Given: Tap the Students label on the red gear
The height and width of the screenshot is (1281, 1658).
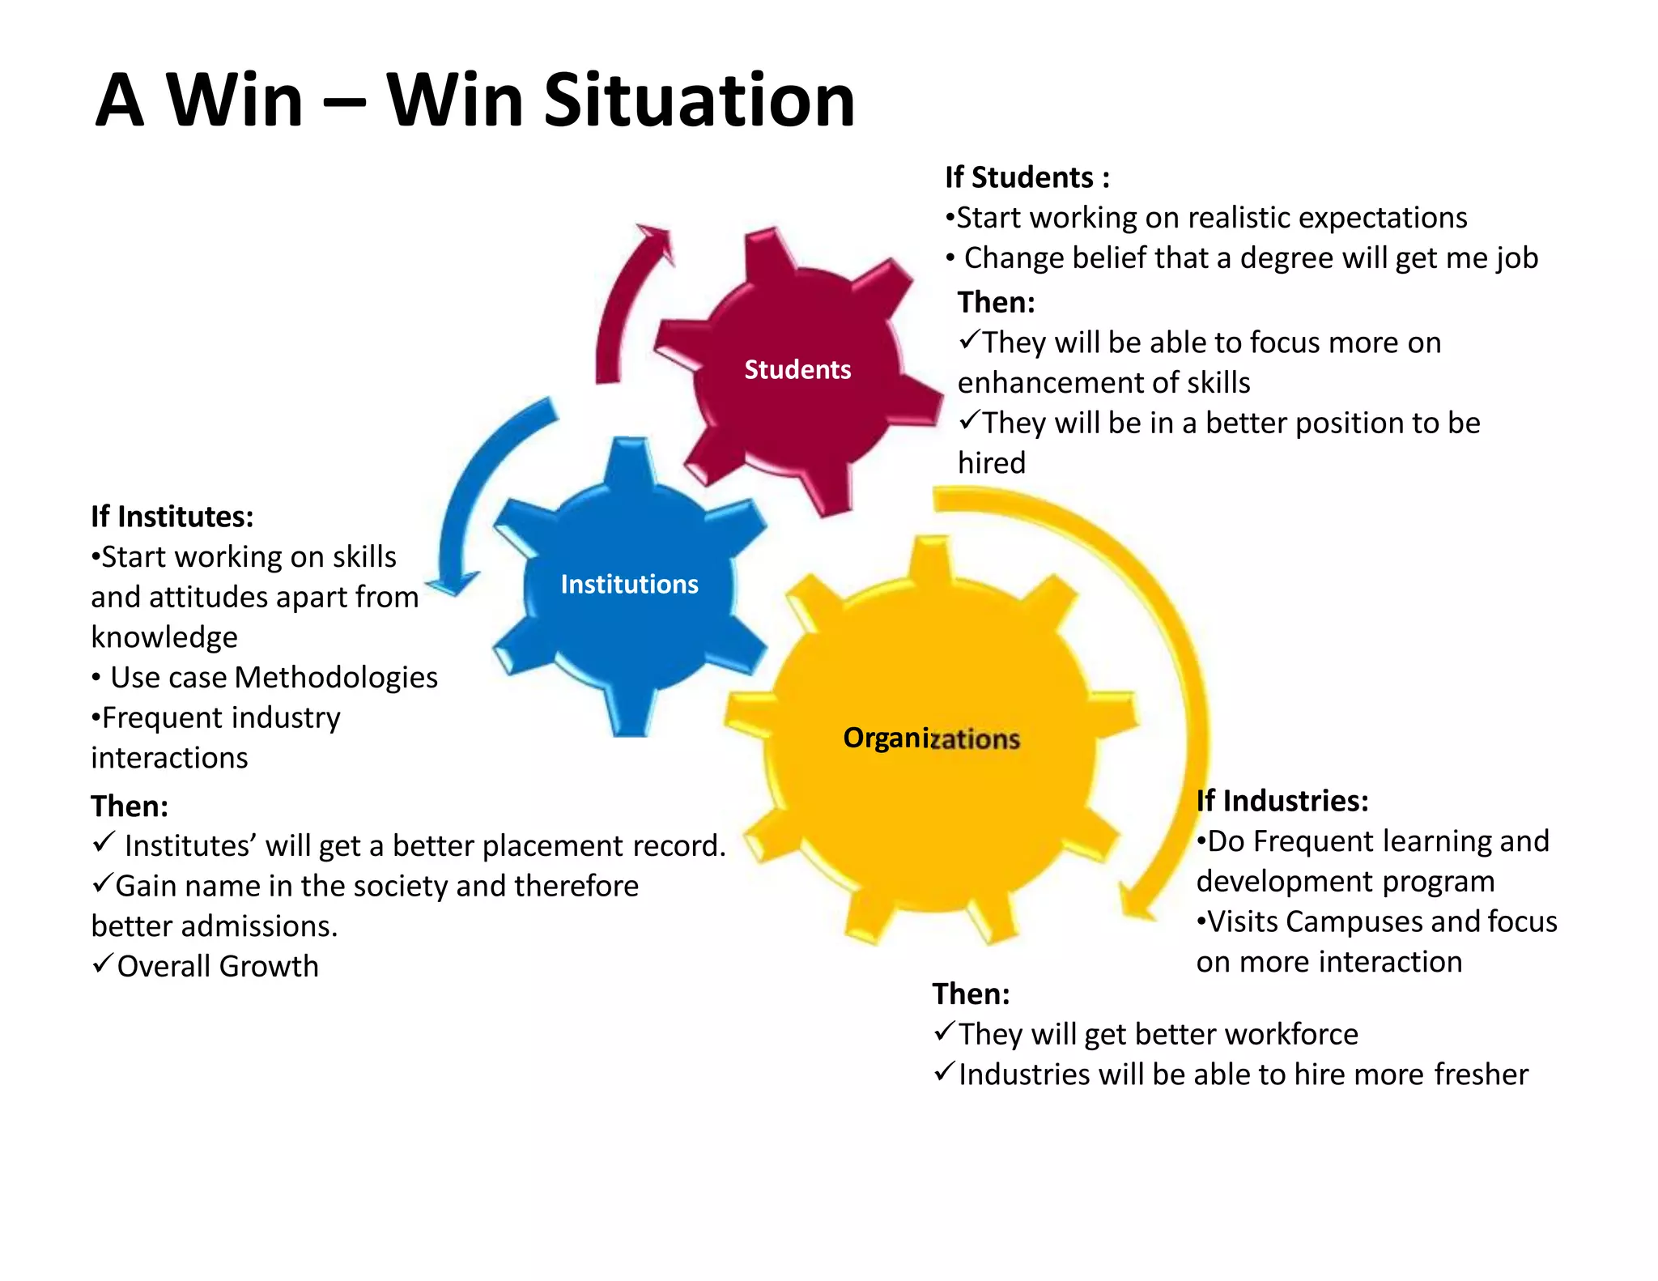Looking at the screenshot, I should pyautogui.click(x=797, y=370).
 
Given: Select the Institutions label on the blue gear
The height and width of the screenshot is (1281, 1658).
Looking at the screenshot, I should pyautogui.click(x=629, y=585).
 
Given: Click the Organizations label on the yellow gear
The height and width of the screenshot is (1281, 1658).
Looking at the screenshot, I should pyautogui.click(x=931, y=738).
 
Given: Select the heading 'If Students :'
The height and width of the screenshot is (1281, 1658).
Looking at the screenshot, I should pyautogui.click(x=1027, y=177).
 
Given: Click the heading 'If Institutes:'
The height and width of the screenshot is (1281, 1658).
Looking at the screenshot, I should pyautogui.click(x=172, y=517).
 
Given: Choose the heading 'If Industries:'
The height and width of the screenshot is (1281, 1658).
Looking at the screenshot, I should pyautogui.click(x=1282, y=801).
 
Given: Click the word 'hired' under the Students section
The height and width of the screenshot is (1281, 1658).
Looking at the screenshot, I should pyautogui.click(x=991, y=463).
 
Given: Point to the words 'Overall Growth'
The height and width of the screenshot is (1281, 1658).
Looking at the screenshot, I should pyautogui.click(x=218, y=967).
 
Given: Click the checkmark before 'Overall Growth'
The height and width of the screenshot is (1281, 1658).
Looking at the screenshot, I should pyautogui.click(x=102, y=964).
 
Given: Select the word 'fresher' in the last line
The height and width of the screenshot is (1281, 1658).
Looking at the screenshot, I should pyautogui.click(x=1481, y=1075).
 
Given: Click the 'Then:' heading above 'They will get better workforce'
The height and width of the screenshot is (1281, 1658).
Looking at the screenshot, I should pyautogui.click(x=971, y=994).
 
